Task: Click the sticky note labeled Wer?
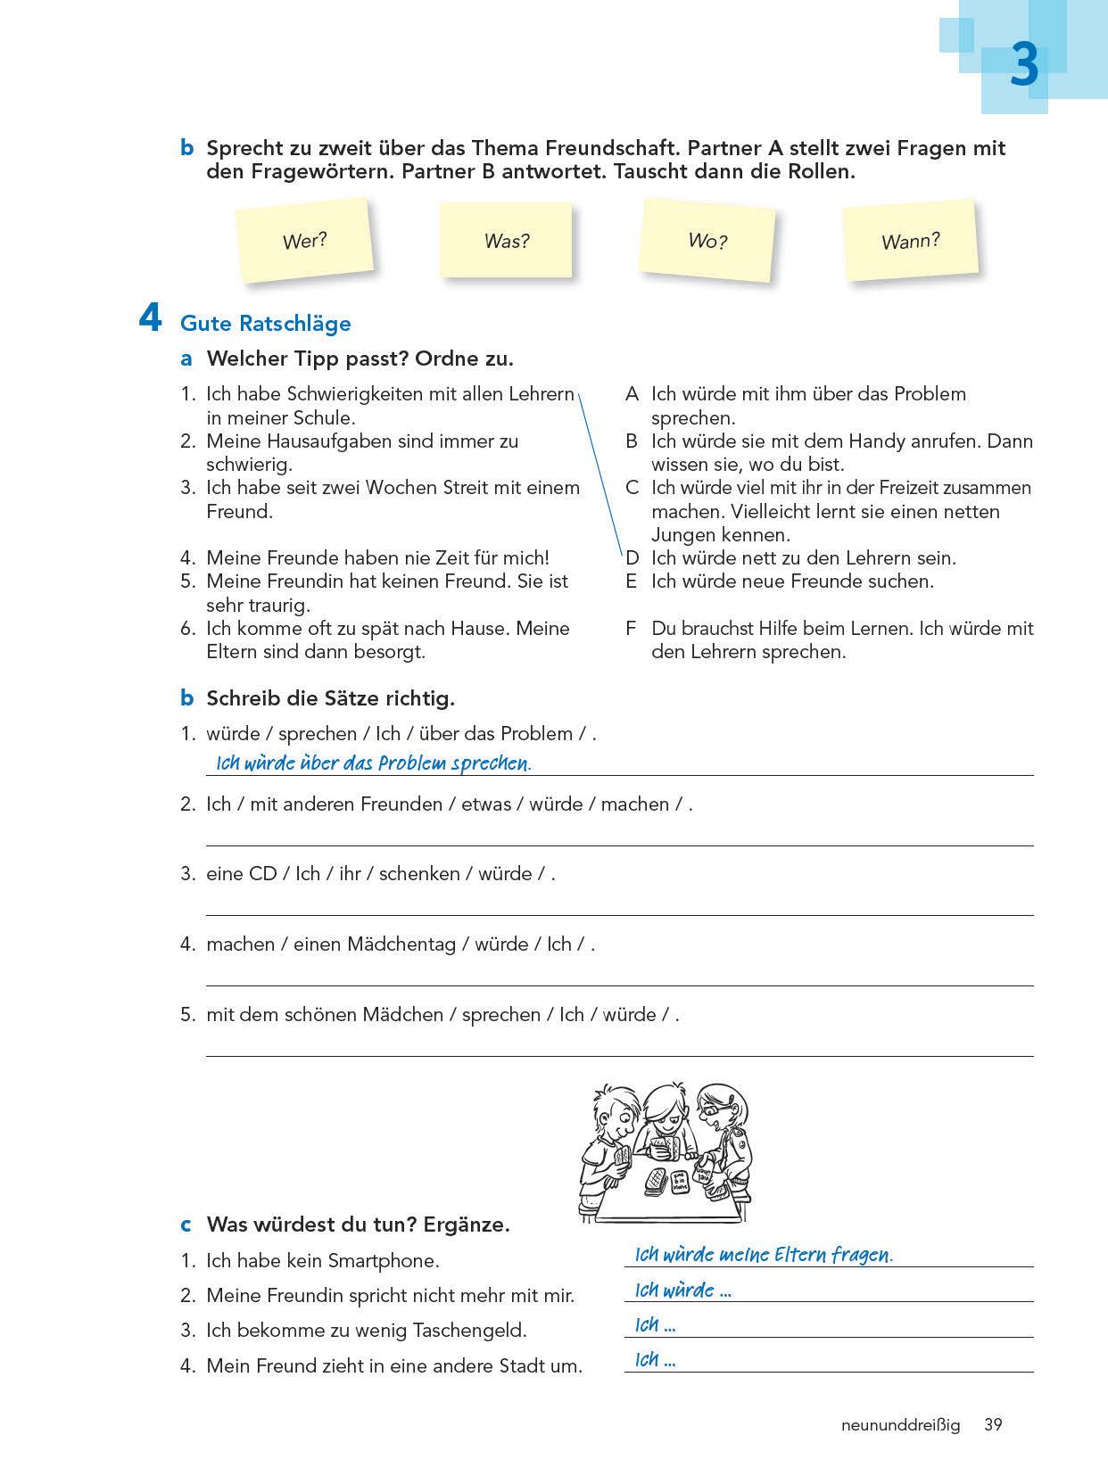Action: click(x=305, y=240)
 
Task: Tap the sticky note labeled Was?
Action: click(x=506, y=240)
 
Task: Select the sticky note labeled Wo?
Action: click(x=707, y=240)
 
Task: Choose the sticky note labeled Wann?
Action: click(x=910, y=241)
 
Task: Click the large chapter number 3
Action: click(x=1024, y=67)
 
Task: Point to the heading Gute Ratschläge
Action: click(x=265, y=323)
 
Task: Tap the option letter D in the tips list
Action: click(x=633, y=558)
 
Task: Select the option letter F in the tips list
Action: click(x=631, y=629)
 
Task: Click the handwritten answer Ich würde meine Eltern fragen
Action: click(x=763, y=1255)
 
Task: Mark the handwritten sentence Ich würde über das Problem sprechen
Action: click(x=373, y=763)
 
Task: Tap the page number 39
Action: click(x=993, y=1425)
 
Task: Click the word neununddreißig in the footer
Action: click(x=900, y=1425)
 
